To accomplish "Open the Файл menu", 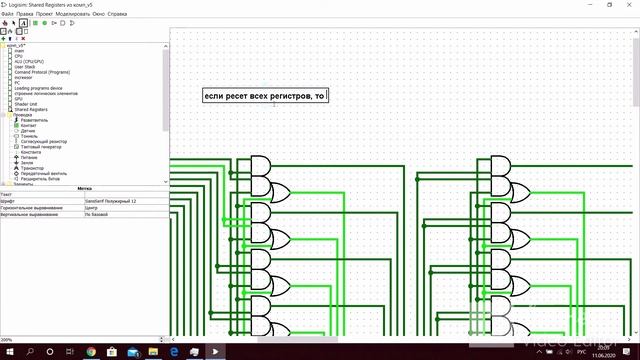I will pyautogui.click(x=7, y=14).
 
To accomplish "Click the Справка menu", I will pyautogui.click(x=117, y=14).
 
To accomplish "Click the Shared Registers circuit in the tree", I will pyautogui.click(x=30, y=110).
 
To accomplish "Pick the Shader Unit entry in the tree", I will pyautogui.click(x=26, y=104).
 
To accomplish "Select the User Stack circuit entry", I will pyautogui.click(x=25, y=66).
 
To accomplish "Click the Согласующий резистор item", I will pyautogui.click(x=44, y=141).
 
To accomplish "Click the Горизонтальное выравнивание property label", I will pyautogui.click(x=40, y=208).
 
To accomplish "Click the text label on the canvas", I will pyautogui.click(x=265, y=96).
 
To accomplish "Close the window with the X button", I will pyautogui.click(x=629, y=5).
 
